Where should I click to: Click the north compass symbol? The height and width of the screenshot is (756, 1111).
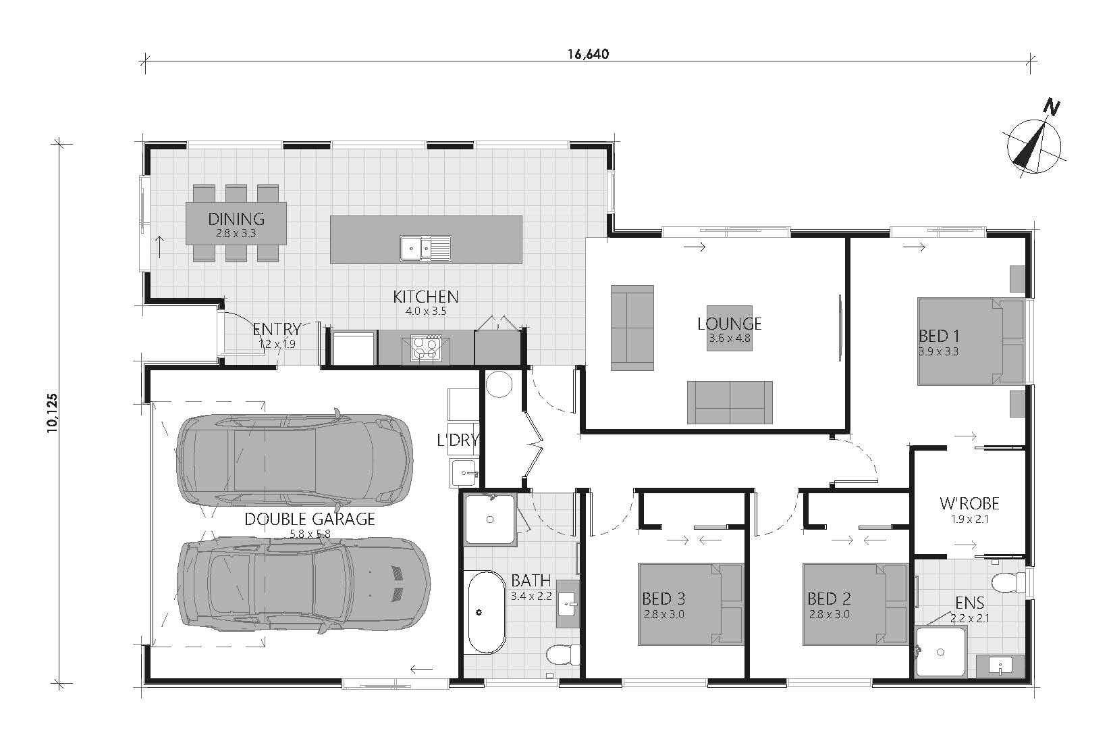pos(1033,147)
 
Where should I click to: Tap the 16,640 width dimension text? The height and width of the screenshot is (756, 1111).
pos(588,54)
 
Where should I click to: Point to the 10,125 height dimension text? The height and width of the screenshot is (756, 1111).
pos(52,413)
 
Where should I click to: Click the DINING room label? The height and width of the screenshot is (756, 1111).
pos(236,219)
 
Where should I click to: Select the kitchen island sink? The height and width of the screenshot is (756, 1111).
pos(426,248)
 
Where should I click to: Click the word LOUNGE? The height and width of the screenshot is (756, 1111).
pos(729,324)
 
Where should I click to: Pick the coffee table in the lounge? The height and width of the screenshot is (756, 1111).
pos(729,328)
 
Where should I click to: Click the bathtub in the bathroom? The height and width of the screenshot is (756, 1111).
pos(487,613)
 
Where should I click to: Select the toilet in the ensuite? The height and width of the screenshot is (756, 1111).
pos(1009,582)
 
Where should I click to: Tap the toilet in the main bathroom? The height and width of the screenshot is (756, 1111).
pos(563,654)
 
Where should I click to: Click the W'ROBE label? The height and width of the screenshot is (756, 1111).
pos(969,504)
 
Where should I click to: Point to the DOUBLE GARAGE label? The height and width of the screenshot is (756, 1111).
pos(310,520)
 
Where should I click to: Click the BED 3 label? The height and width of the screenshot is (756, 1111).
pos(663,599)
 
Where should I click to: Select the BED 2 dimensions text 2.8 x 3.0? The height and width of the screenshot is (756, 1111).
pos(830,615)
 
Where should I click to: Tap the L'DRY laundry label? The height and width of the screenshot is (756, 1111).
pos(458,440)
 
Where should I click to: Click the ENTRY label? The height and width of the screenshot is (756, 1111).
pos(277,329)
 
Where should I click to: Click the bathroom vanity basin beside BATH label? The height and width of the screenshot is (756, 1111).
pos(568,604)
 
